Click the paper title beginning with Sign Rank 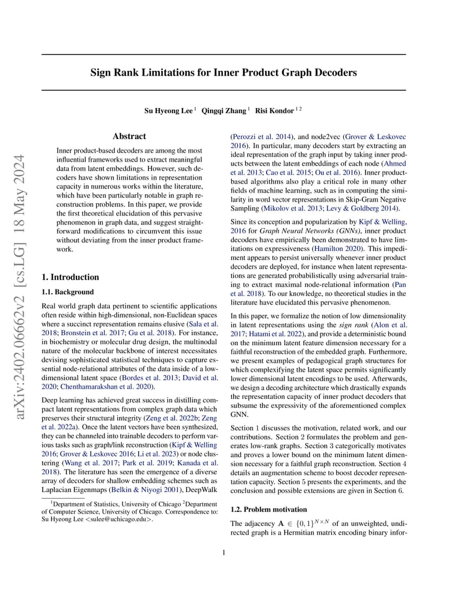coord(224,73)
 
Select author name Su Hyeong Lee coord(169,111)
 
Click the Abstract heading coord(129,136)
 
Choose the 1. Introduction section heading coord(70,277)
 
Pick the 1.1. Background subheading coord(68,292)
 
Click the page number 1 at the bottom coord(224,552)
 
